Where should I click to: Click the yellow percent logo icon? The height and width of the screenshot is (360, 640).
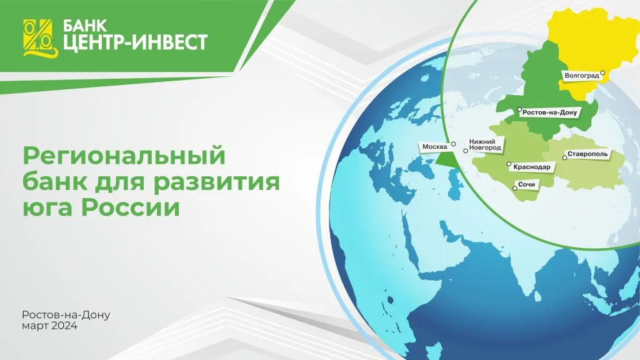click(x=39, y=37)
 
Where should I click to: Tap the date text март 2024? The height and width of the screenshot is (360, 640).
click(x=49, y=326)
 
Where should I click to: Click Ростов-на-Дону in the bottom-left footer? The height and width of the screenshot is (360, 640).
click(x=66, y=315)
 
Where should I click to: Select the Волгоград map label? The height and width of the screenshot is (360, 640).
click(x=581, y=76)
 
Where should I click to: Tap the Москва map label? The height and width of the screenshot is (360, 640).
click(x=434, y=147)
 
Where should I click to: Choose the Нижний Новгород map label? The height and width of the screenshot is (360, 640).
click(x=485, y=145)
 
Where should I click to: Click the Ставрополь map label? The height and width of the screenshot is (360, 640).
click(x=587, y=154)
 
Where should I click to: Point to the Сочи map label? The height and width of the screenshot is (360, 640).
click(x=527, y=186)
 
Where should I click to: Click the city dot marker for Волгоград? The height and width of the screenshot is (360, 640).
click(x=602, y=72)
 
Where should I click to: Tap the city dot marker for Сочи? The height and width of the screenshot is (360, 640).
click(x=514, y=185)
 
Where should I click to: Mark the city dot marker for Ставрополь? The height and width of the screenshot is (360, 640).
click(x=564, y=158)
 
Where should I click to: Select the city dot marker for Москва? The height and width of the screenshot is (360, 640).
click(x=454, y=143)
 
